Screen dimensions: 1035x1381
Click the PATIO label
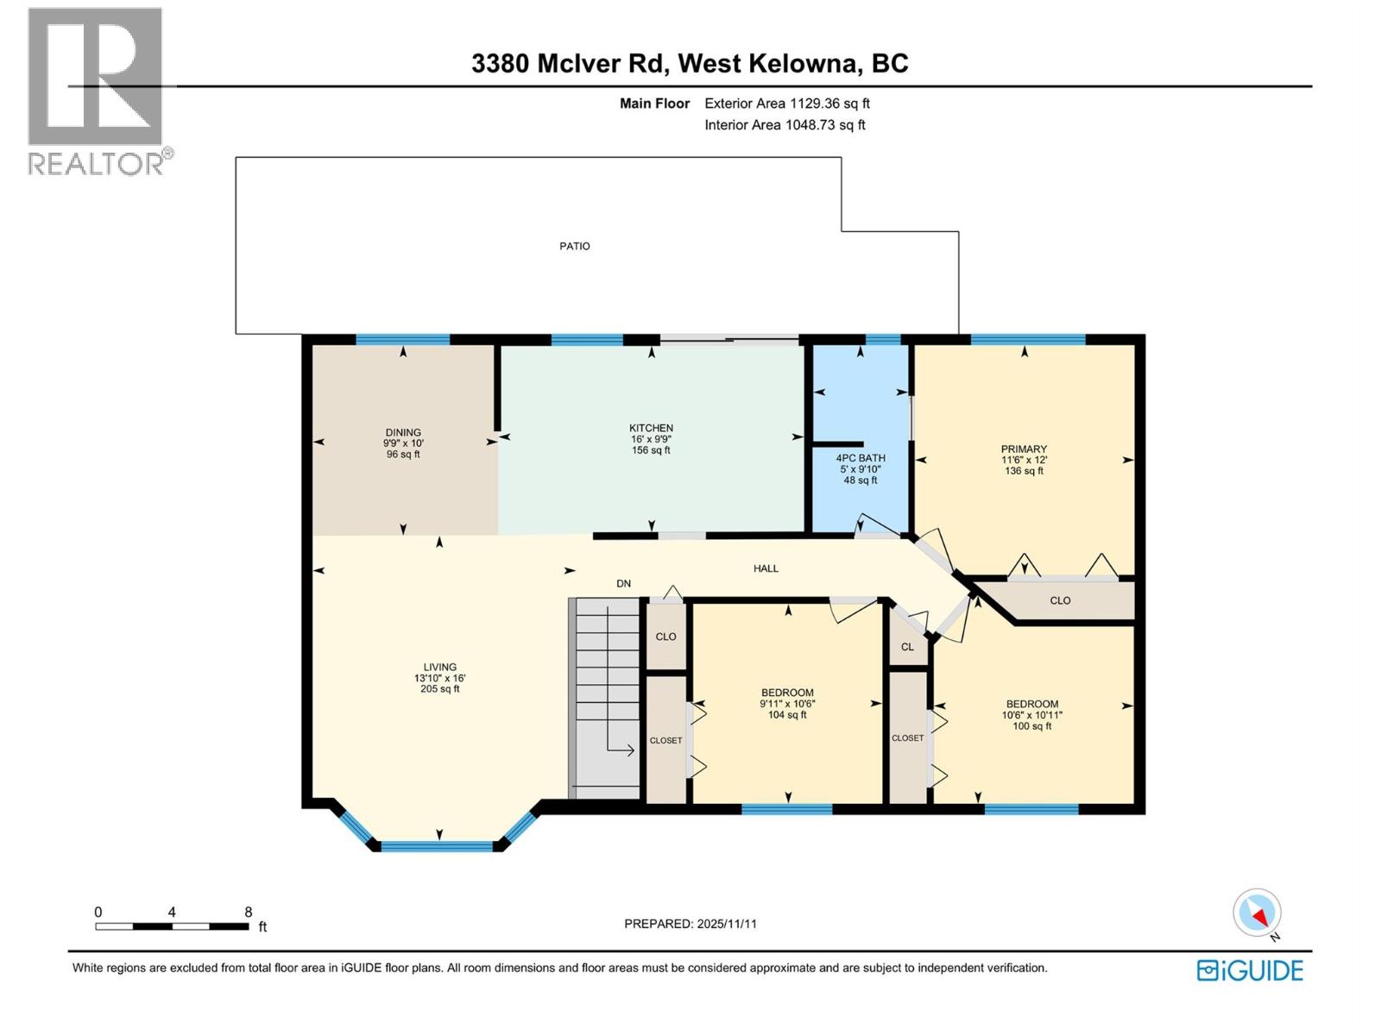pyautogui.click(x=574, y=247)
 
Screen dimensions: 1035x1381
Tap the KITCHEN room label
pyautogui.click(x=651, y=429)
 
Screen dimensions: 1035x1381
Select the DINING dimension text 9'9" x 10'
pyautogui.click(x=403, y=443)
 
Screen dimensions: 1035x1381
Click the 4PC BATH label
pyautogui.click(x=860, y=459)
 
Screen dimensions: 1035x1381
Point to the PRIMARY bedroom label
pyautogui.click(x=1024, y=449)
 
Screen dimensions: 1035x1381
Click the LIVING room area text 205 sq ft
pyautogui.click(x=439, y=689)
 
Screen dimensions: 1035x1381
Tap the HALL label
pyautogui.click(x=766, y=569)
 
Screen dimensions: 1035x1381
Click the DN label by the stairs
pyautogui.click(x=623, y=584)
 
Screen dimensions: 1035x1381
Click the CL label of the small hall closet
pyautogui.click(x=907, y=647)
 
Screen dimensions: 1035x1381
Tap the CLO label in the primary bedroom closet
pyautogui.click(x=1060, y=601)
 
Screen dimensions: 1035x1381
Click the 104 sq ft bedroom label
pyautogui.click(x=787, y=715)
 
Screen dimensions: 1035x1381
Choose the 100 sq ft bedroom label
pyautogui.click(x=1031, y=726)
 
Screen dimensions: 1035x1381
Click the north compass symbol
pyautogui.click(x=1258, y=913)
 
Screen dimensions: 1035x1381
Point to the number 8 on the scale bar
pyautogui.click(x=249, y=912)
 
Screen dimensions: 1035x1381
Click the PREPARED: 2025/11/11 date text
pyautogui.click(x=690, y=924)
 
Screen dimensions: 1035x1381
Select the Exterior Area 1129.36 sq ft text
pyautogui.click(x=786, y=103)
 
